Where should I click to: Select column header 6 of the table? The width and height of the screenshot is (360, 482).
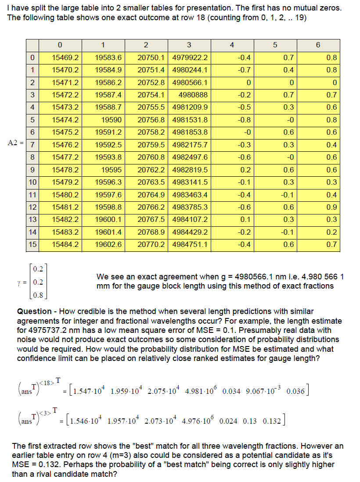(x=318, y=45)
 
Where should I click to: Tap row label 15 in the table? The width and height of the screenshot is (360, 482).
(x=32, y=244)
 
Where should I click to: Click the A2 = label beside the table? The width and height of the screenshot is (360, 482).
(x=15, y=142)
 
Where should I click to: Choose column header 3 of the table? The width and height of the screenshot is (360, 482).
(x=189, y=45)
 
